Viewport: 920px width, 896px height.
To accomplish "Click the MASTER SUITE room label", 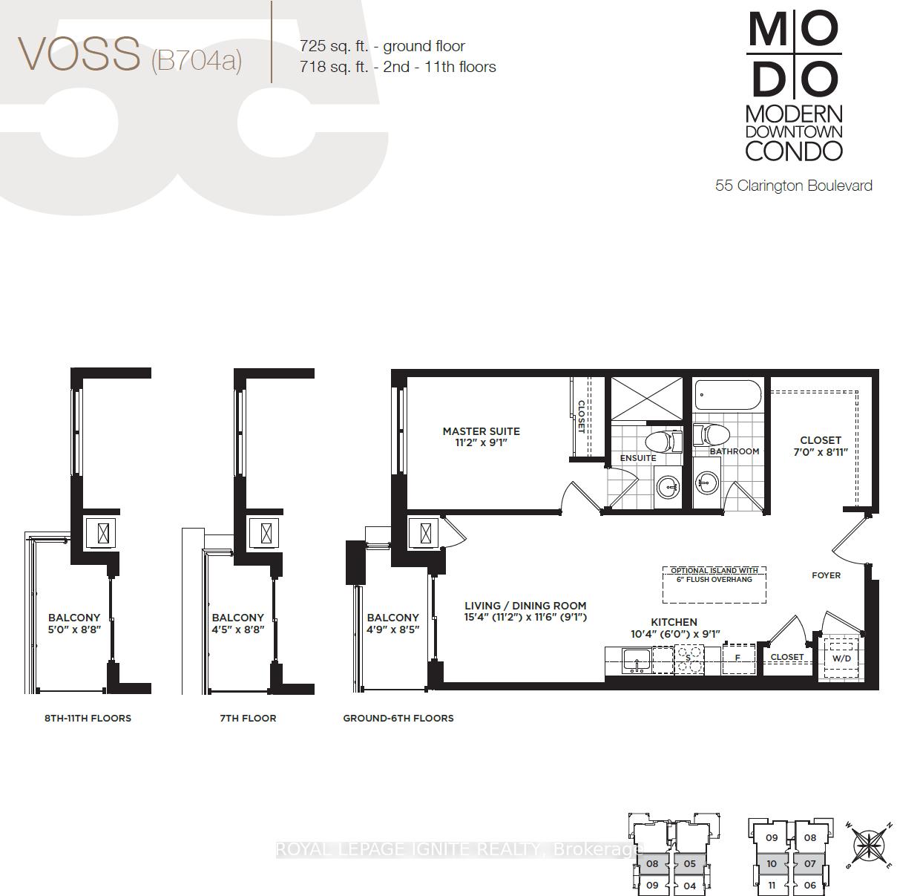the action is click(x=481, y=431).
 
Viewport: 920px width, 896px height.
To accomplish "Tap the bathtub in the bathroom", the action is click(x=728, y=394).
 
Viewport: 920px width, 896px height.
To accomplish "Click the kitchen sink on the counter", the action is click(x=637, y=661).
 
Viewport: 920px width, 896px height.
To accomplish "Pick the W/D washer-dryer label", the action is click(x=841, y=658).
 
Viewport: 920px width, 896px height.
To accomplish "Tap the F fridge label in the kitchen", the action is click(x=737, y=658).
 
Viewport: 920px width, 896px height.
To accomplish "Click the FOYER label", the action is click(x=827, y=575).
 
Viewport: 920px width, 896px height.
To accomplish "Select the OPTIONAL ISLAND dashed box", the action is click(x=714, y=585).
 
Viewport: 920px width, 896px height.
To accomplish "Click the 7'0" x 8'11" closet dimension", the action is click(x=821, y=452).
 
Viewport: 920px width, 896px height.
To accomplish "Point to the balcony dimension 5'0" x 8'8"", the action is click(x=74, y=630).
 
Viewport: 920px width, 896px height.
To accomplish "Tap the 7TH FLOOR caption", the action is click(x=248, y=718).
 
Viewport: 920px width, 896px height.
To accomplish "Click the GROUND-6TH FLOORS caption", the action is click(x=398, y=718).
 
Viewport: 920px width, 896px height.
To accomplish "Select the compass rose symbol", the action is click(x=869, y=846).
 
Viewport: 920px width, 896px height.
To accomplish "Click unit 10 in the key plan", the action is click(x=772, y=863).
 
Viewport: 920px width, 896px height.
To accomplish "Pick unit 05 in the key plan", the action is click(x=690, y=863).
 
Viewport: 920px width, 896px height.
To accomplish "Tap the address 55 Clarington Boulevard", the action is click(x=794, y=186).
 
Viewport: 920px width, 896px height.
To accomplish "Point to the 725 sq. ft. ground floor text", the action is click(x=382, y=46).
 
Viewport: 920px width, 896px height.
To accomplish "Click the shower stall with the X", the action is click(x=646, y=399).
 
